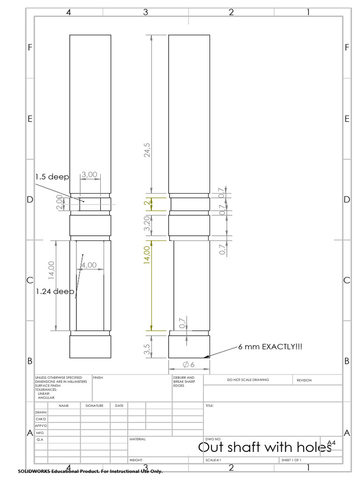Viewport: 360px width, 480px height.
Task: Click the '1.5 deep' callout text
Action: (52, 177)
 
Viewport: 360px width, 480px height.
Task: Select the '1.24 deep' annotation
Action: (55, 291)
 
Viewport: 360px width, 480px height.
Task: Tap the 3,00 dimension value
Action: (90, 175)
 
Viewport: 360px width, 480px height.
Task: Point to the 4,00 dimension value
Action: (89, 265)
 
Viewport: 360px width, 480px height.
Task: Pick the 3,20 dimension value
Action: (147, 224)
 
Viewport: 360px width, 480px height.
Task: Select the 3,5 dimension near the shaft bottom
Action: (147, 350)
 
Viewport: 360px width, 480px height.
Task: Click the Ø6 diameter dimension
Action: (189, 365)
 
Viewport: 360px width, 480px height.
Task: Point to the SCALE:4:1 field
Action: (213, 460)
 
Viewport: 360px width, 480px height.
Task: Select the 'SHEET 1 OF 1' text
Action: (292, 460)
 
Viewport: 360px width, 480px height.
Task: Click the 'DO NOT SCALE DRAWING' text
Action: (248, 380)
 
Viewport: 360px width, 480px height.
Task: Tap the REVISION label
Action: (304, 381)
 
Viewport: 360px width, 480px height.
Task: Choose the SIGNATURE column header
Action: (94, 405)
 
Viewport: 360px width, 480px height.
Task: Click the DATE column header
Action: (119, 405)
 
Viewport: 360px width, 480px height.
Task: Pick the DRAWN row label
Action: (41, 412)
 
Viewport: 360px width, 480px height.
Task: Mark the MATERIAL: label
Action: (138, 440)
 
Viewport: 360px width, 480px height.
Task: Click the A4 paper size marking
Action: (331, 443)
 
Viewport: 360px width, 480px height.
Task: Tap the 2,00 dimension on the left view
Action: (60, 203)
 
